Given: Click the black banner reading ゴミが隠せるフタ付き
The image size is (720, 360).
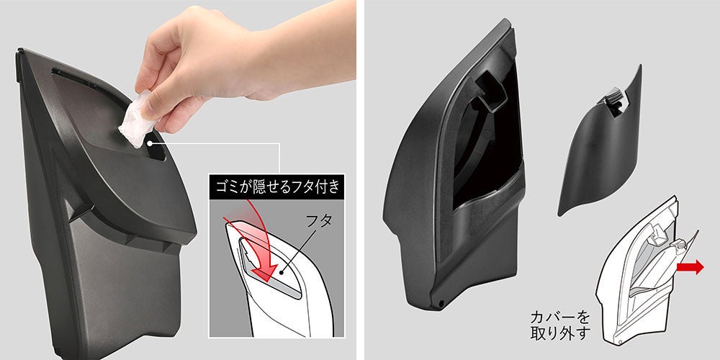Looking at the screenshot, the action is tap(277, 187).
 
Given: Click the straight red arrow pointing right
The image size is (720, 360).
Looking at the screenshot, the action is tap(690, 267).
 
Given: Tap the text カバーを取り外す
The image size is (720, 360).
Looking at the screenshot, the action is tap(559, 325).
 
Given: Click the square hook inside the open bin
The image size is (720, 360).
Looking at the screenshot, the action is tap(490, 92).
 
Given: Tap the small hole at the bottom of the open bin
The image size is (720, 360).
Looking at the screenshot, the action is tap(441, 304).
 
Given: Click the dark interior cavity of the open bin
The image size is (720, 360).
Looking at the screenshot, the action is tap(487, 147).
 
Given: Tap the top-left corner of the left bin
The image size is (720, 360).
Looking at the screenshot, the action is tap(19, 50).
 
